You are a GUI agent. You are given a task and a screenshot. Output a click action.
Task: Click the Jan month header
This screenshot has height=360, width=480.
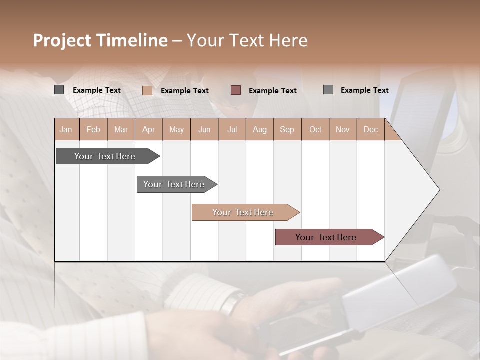pyautogui.click(x=66, y=129)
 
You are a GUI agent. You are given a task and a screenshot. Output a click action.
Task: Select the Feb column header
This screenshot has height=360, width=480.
pyautogui.click(x=93, y=129)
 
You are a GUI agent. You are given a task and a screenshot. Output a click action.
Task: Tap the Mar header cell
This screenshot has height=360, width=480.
pyautogui.click(x=121, y=129)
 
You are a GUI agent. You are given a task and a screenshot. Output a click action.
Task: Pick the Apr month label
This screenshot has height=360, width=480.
pyautogui.click(x=149, y=129)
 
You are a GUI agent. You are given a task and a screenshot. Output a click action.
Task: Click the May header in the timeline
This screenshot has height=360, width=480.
pyautogui.click(x=176, y=129)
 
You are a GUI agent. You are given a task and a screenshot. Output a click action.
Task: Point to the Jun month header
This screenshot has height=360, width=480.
pyautogui.click(x=204, y=129)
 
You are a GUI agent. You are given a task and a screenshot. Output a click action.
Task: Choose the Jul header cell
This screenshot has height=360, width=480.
pyautogui.click(x=232, y=129)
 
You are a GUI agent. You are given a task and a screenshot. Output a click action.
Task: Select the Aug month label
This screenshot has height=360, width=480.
pyautogui.click(x=260, y=129)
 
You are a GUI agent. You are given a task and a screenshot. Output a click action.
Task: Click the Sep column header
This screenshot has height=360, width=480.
pyautogui.click(x=287, y=129)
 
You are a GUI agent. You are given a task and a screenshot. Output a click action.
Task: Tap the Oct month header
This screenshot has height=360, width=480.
pyautogui.click(x=315, y=129)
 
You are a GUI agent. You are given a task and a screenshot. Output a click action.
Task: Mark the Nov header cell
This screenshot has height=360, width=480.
pyautogui.click(x=343, y=129)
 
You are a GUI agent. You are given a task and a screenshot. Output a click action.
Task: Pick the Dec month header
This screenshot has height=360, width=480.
pyautogui.click(x=371, y=129)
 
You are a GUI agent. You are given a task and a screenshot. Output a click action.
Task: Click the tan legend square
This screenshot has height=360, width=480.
pyautogui.click(x=147, y=90)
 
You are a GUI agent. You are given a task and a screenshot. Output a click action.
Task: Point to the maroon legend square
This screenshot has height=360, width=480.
pyautogui.click(x=236, y=90)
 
